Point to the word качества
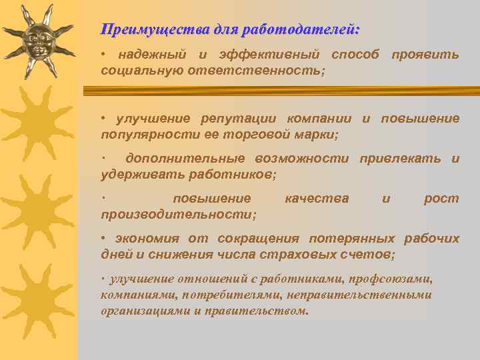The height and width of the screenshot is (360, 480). (316, 199)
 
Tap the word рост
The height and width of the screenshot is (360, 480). (441, 199)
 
